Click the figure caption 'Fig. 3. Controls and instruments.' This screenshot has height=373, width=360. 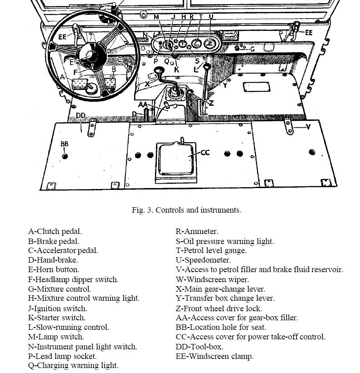coord(186,210)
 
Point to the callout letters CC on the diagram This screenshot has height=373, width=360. coord(205,153)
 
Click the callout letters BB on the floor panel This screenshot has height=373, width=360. coord(65,144)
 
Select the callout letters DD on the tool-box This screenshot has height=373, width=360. coord(80,115)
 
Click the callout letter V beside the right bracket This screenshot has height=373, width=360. coord(308,127)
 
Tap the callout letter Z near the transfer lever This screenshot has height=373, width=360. coord(211,103)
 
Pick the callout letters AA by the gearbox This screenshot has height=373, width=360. coord(143,104)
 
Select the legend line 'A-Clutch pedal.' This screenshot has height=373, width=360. coord(55,232)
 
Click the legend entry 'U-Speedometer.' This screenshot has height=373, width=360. coord(203,260)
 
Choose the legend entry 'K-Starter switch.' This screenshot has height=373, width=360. coord(57,318)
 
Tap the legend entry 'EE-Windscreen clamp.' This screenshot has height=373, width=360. coord(215,356)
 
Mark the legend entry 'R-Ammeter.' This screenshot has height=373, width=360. coord(197,232)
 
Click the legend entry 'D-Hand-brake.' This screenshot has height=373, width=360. coord(53,260)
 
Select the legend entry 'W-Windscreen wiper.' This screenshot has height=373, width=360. coord(212,279)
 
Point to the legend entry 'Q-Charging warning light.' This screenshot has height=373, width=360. coord(73,365)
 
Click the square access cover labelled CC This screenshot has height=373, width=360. coord(176,159)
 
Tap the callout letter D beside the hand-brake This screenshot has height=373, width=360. coord(135,114)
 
